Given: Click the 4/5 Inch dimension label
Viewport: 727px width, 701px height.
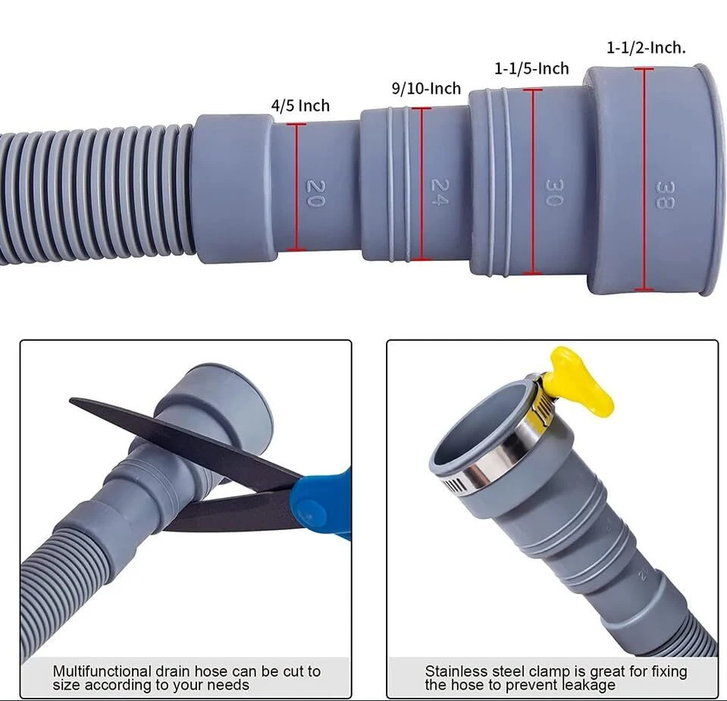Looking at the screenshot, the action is tap(300, 105).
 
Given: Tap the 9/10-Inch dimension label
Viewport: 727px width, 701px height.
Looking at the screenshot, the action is tap(427, 88).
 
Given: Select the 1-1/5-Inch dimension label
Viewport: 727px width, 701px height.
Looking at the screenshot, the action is tap(532, 69).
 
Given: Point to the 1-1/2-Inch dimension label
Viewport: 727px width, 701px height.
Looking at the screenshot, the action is tap(647, 47).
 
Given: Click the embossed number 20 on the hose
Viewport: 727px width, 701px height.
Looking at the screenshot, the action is tap(316, 193).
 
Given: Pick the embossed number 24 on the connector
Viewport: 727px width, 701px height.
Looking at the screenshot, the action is tap(440, 192).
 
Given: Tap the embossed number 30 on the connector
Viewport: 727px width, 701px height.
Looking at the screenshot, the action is tap(554, 193).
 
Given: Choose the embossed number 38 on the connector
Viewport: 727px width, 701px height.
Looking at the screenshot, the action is tap(666, 195).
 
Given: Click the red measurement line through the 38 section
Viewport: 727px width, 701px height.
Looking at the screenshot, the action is tap(644, 180).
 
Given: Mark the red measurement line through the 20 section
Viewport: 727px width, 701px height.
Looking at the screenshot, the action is tap(296, 187).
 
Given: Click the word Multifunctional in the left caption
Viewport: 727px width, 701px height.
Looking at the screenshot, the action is tap(102, 671).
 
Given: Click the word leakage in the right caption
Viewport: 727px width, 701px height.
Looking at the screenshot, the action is tap(588, 685).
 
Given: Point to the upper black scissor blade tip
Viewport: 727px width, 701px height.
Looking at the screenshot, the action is tap(71, 400).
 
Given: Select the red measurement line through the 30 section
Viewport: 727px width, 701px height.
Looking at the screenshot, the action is tap(533, 181).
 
